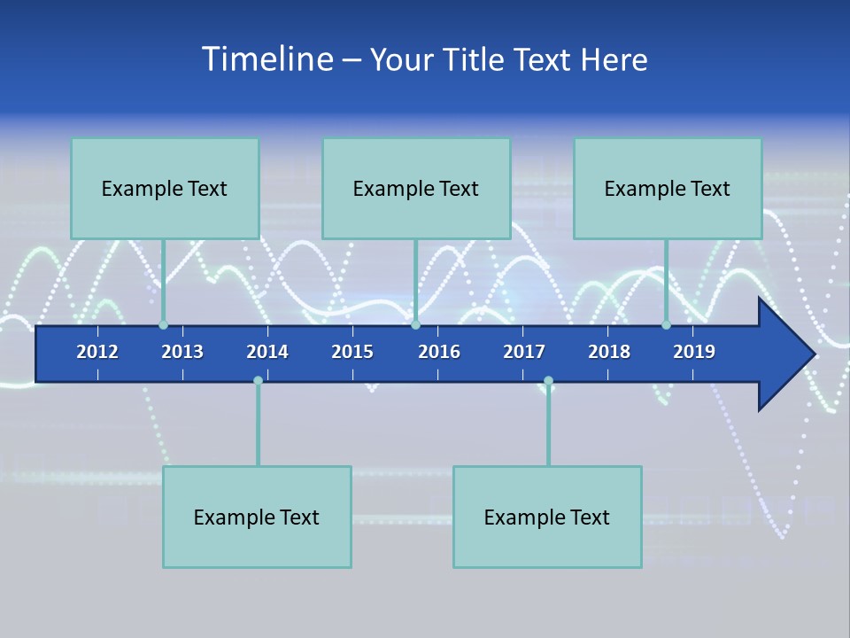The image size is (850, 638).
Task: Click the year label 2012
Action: click(97, 352)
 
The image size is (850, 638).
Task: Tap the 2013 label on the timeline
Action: click(182, 352)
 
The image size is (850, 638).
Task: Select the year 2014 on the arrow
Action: click(267, 352)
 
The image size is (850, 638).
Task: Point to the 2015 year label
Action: click(352, 352)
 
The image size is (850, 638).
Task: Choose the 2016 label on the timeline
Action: click(439, 352)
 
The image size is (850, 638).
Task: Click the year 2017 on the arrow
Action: click(524, 352)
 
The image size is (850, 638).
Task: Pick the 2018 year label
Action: click(609, 352)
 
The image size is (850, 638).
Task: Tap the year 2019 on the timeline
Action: click(694, 352)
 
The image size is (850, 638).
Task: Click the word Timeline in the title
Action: click(267, 59)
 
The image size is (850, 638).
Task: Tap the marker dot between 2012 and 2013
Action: click(163, 325)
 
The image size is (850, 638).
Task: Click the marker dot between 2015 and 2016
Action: click(415, 325)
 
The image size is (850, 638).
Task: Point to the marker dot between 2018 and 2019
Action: click(666, 325)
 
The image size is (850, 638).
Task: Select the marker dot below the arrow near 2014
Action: click(258, 381)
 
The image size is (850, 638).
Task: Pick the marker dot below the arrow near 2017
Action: click(548, 381)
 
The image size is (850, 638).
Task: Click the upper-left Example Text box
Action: click(165, 189)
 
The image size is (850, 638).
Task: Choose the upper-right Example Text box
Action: click(668, 189)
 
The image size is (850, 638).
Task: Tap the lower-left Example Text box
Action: click(257, 517)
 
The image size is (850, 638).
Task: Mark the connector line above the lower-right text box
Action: click(548, 425)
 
